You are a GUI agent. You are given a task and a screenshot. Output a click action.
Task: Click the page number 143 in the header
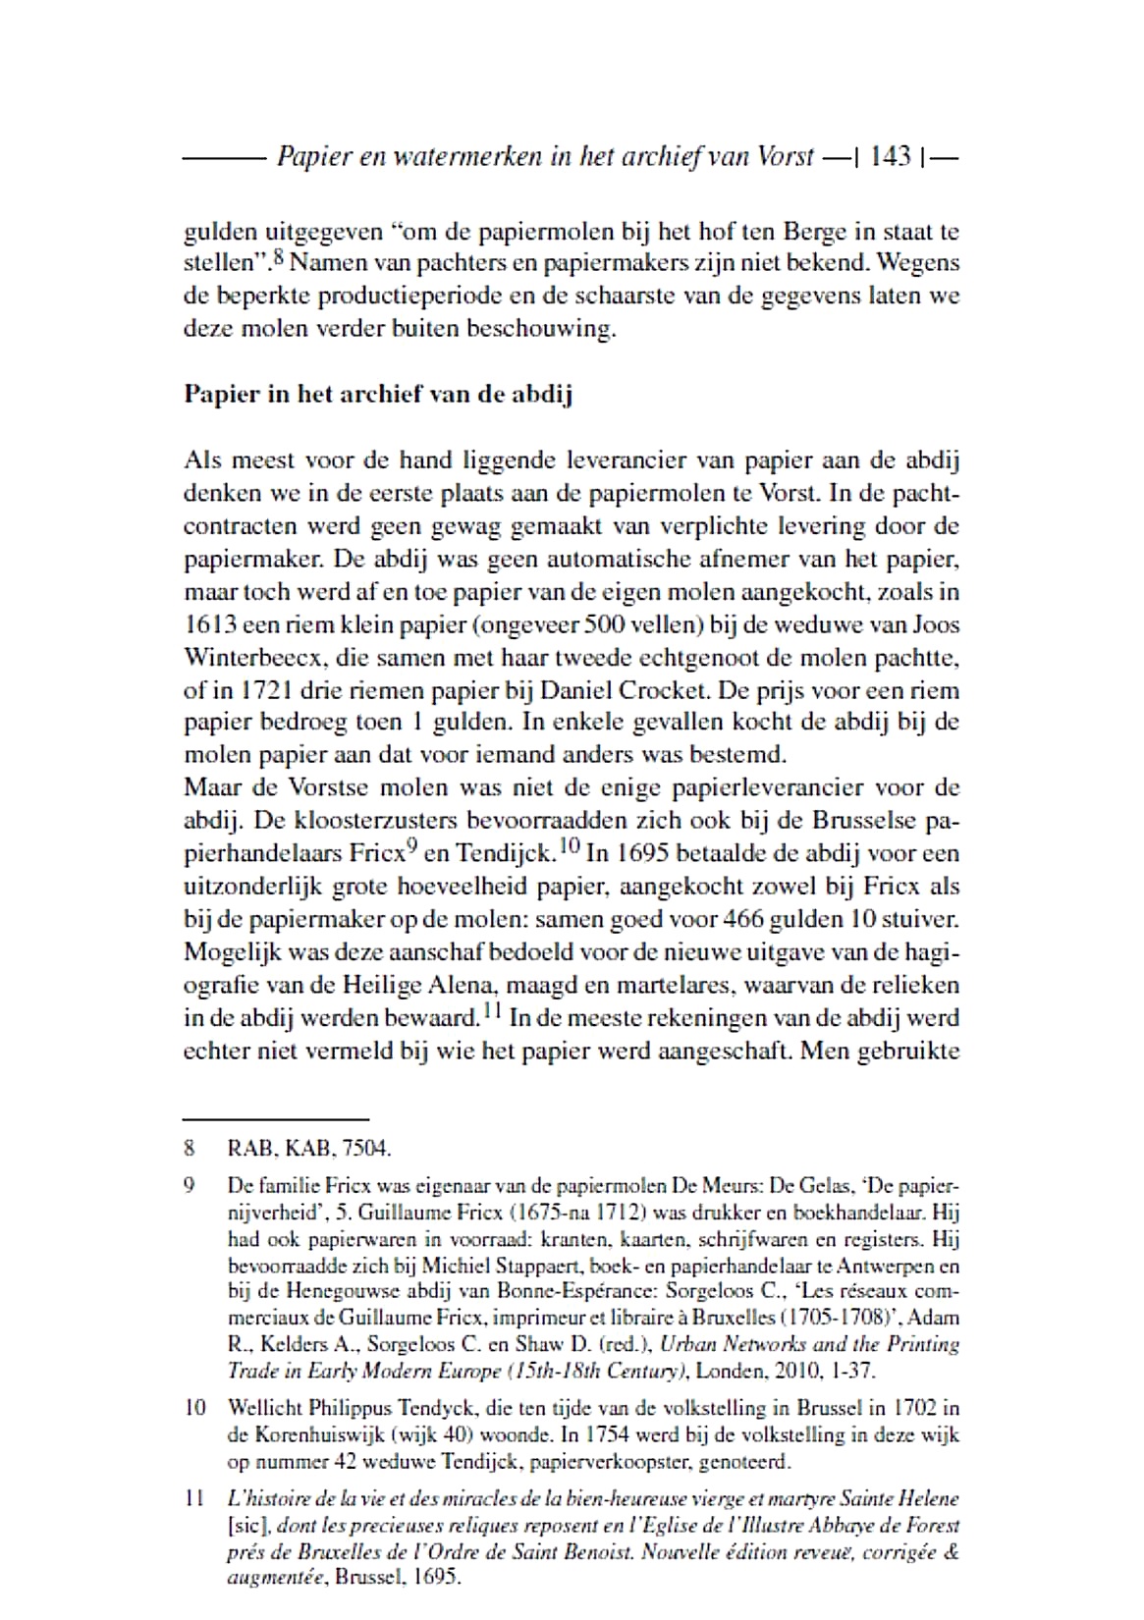coord(891,156)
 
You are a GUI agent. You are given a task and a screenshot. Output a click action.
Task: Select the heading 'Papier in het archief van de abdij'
coord(378,395)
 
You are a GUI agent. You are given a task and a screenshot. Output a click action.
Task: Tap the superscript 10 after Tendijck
coord(569,845)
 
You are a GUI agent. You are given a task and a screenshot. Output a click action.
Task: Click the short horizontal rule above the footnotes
coord(276,1118)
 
